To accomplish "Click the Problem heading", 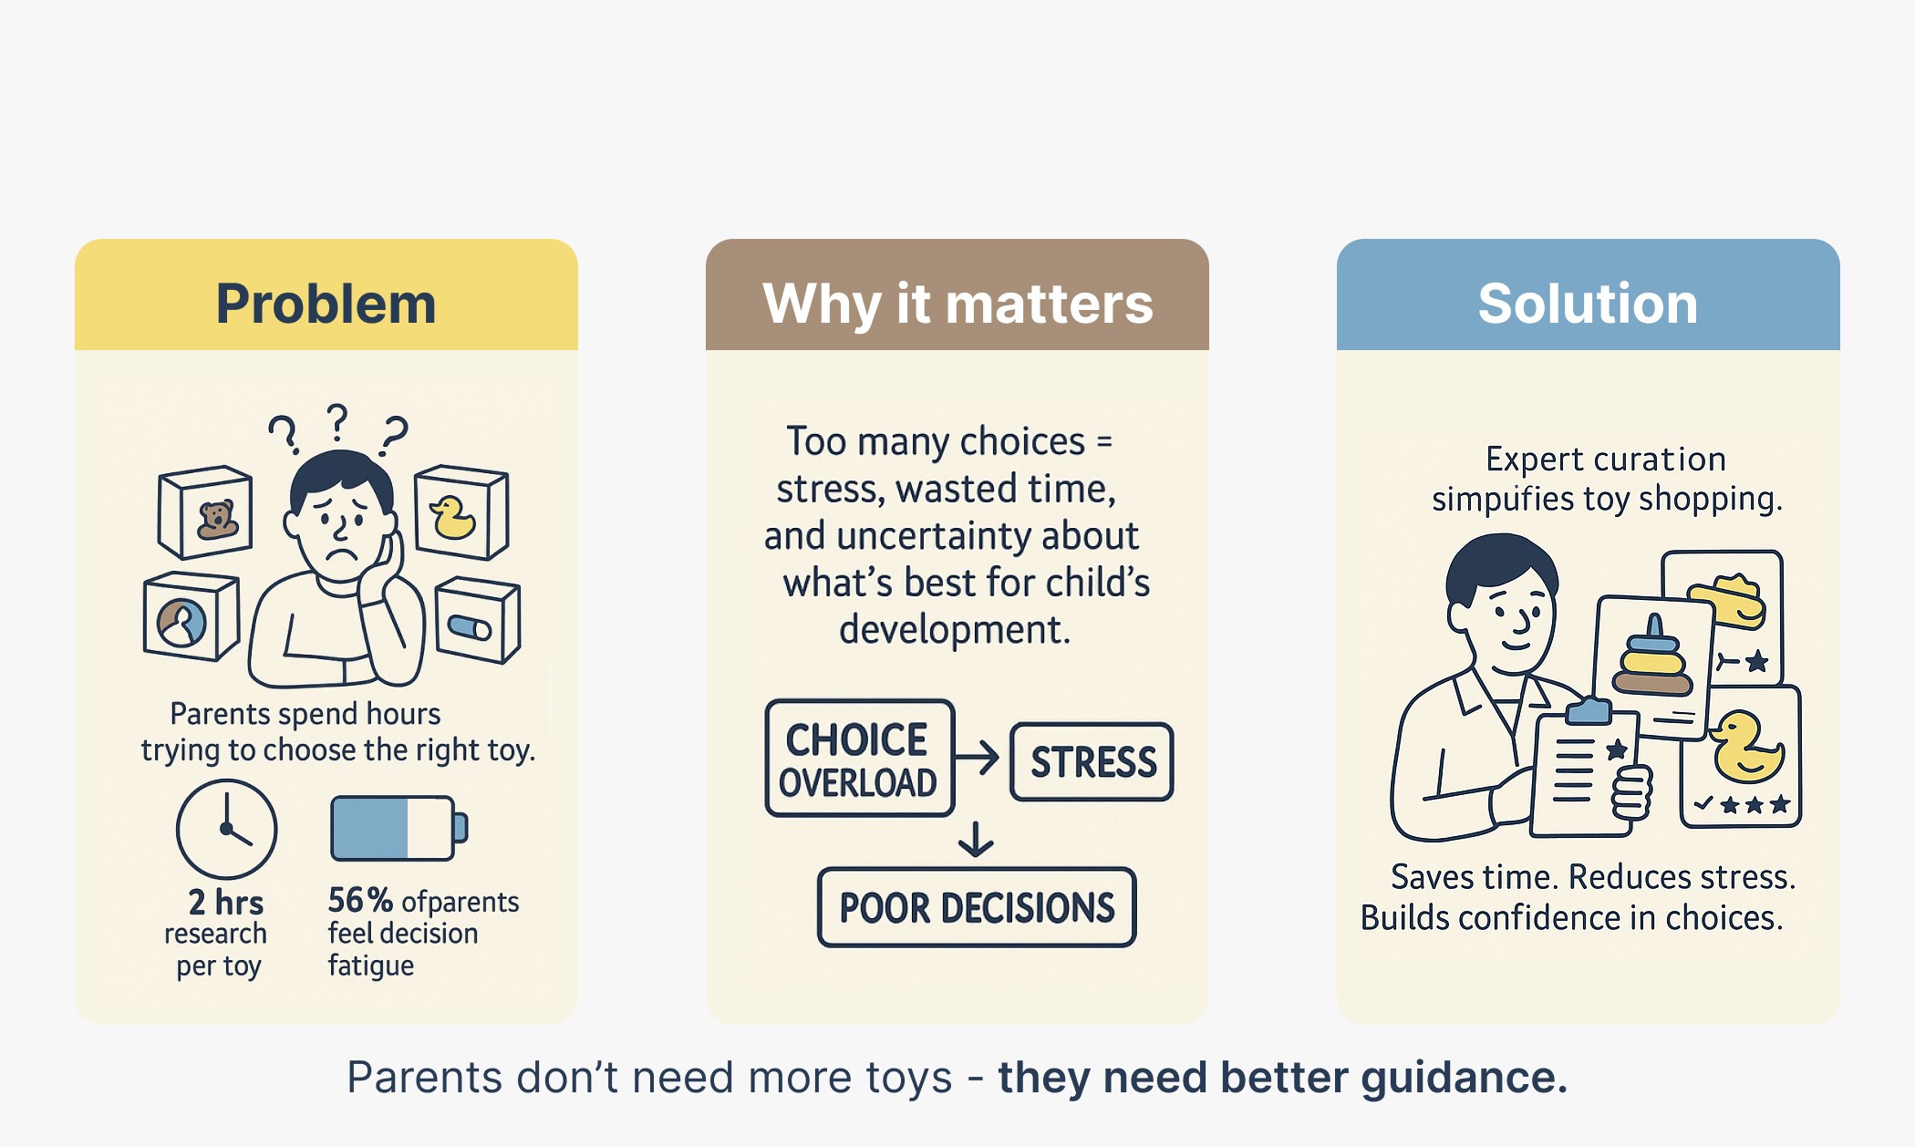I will pos(326,303).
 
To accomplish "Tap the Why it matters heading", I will pos(957,303).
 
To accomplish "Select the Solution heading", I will pos(1588,303).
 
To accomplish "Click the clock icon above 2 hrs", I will pos(226,829).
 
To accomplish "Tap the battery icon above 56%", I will pos(399,828).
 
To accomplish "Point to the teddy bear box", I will pos(206,512).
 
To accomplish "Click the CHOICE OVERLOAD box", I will pos(859,759).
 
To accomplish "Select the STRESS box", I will pos(1092,762).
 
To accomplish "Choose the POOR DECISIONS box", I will pos(977,907).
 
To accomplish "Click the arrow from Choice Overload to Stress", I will pos(978,757).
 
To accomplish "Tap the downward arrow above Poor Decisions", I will pos(976,839).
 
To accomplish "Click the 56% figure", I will pos(360,900).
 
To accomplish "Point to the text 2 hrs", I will pos(226,902).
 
